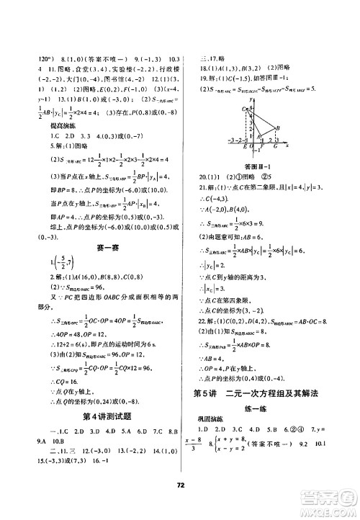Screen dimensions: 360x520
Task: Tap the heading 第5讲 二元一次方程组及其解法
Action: click(x=264, y=393)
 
